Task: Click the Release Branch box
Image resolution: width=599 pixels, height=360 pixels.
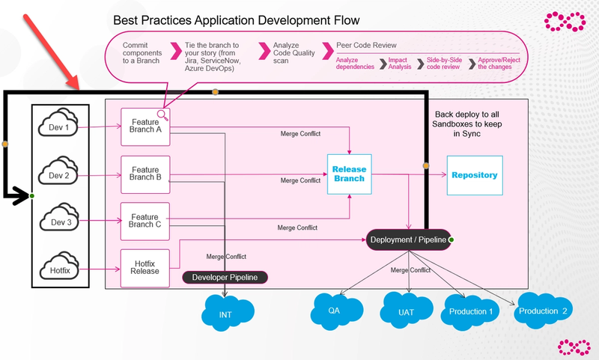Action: pos(349,174)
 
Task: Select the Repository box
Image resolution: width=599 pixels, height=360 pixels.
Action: pos(475,175)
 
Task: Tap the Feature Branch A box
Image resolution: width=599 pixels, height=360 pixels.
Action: pos(145,126)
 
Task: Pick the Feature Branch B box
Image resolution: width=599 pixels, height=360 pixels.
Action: pos(145,174)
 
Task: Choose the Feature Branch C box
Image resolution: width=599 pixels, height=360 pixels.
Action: pos(145,222)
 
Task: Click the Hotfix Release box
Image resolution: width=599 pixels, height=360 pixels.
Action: pos(145,268)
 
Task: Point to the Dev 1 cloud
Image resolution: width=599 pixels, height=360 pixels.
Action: pos(58,123)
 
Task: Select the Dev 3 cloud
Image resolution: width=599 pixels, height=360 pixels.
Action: pos(59,217)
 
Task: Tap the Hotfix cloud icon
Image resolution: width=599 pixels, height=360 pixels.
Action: pos(59,266)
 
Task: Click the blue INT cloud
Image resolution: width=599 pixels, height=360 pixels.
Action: pos(228,312)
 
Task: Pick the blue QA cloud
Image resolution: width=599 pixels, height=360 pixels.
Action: pos(336,311)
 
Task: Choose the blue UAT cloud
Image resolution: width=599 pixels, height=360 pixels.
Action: pos(406,311)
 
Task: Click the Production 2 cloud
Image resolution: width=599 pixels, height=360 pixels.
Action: pos(542,311)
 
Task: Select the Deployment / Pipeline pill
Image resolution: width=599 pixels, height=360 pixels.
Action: pos(408,240)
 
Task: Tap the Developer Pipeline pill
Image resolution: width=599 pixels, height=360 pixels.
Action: pos(225,277)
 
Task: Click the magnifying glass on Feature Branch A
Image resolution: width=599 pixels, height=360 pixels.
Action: pos(162,115)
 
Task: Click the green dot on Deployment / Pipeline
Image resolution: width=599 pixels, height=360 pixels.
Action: pos(451,240)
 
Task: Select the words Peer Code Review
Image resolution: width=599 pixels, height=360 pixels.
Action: pos(366,45)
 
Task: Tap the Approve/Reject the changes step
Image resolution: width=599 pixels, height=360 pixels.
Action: pos(499,64)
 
